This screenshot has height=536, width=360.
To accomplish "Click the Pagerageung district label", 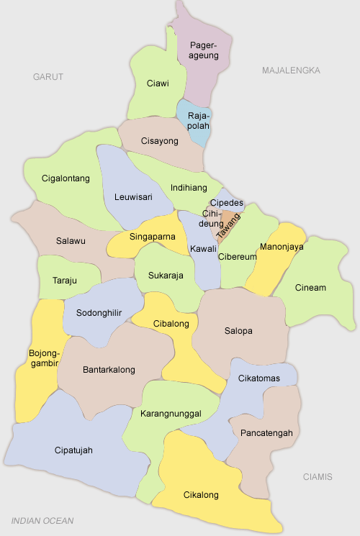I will point(204,50).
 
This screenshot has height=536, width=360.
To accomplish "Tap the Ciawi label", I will point(158,83).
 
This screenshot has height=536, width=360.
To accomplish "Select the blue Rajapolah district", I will point(198,120).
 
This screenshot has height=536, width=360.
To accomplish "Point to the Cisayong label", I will point(159,141).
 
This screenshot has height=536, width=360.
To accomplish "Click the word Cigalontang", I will point(66,178).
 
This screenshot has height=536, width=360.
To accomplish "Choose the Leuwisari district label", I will point(133,196).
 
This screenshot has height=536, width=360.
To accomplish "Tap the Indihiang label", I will point(188,188).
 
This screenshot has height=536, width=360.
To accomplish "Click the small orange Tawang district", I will point(228,223).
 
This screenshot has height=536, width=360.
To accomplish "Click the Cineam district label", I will point(310,288).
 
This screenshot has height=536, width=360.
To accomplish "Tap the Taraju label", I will point(65,281).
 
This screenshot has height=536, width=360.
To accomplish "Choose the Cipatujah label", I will point(73,450).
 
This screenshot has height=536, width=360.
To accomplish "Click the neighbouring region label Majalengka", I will point(291,71).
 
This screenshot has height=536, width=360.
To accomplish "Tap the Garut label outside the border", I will point(48,76).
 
